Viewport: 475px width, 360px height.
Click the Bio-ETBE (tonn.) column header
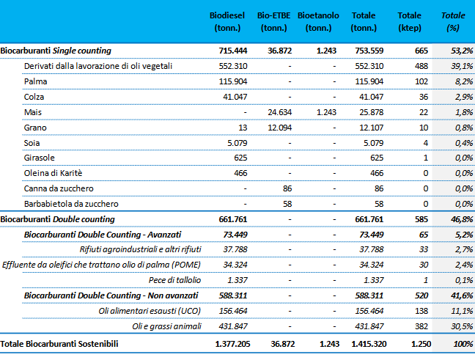point(273,21)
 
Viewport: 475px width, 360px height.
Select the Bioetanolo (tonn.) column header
point(318,21)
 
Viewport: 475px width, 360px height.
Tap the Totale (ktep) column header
point(410,21)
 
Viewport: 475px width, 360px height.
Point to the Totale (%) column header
point(453,21)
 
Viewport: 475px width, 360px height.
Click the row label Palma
point(35,81)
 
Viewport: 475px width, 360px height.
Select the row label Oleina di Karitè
point(53,173)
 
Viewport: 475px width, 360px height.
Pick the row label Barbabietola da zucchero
point(71,204)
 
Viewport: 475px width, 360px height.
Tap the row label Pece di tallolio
point(174,280)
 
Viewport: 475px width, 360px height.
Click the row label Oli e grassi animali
point(166,326)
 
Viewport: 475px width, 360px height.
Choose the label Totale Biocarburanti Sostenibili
point(59,344)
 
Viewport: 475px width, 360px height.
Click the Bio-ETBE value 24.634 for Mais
point(279,112)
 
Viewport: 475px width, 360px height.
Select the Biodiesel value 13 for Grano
point(243,128)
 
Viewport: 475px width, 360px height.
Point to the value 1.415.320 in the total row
point(369,344)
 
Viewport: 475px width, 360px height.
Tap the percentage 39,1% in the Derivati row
point(462,66)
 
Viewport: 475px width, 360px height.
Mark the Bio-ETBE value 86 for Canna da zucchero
point(287,188)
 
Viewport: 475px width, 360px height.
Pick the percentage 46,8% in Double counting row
point(462,219)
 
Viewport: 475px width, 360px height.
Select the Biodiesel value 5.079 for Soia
point(237,143)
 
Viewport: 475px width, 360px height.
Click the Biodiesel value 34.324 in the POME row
point(235,265)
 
